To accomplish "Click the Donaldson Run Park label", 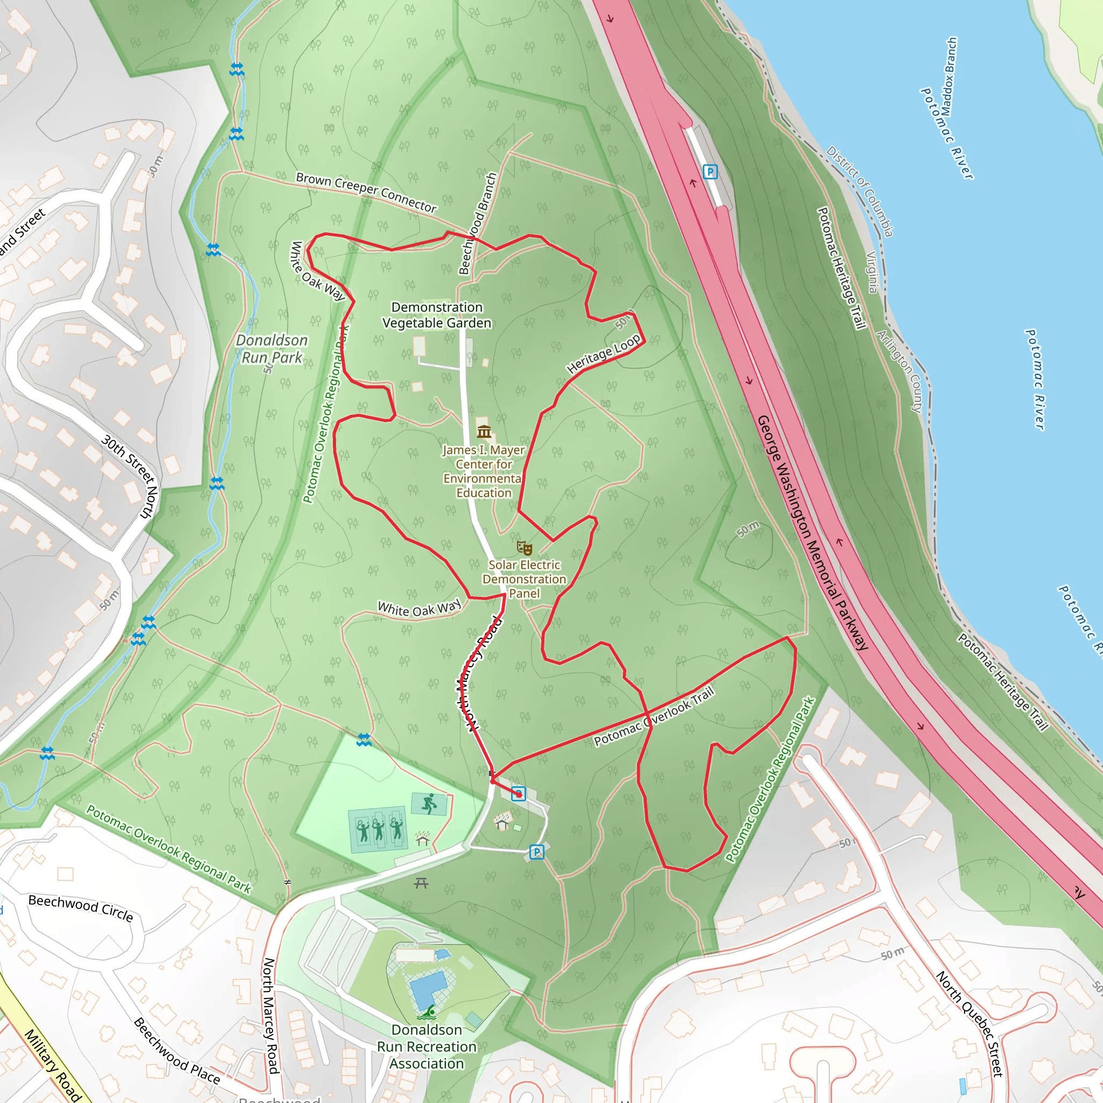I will pos(272,349).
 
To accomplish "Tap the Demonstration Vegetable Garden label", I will pos(437,315).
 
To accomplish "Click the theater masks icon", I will pos(524,548).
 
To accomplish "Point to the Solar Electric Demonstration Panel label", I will pos(524,579).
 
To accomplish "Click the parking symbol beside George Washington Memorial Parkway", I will pos(710,171).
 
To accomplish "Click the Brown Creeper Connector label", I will pos(366,192).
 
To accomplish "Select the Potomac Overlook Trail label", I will pos(654,717).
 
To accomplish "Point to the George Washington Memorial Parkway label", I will pos(812,532).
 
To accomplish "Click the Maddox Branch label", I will pos(949,77).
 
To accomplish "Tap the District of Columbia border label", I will pos(860,191).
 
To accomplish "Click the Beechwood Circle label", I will pos(80,907).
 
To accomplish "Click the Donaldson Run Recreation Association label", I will pos(427,1046).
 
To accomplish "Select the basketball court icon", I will pos(429,804).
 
